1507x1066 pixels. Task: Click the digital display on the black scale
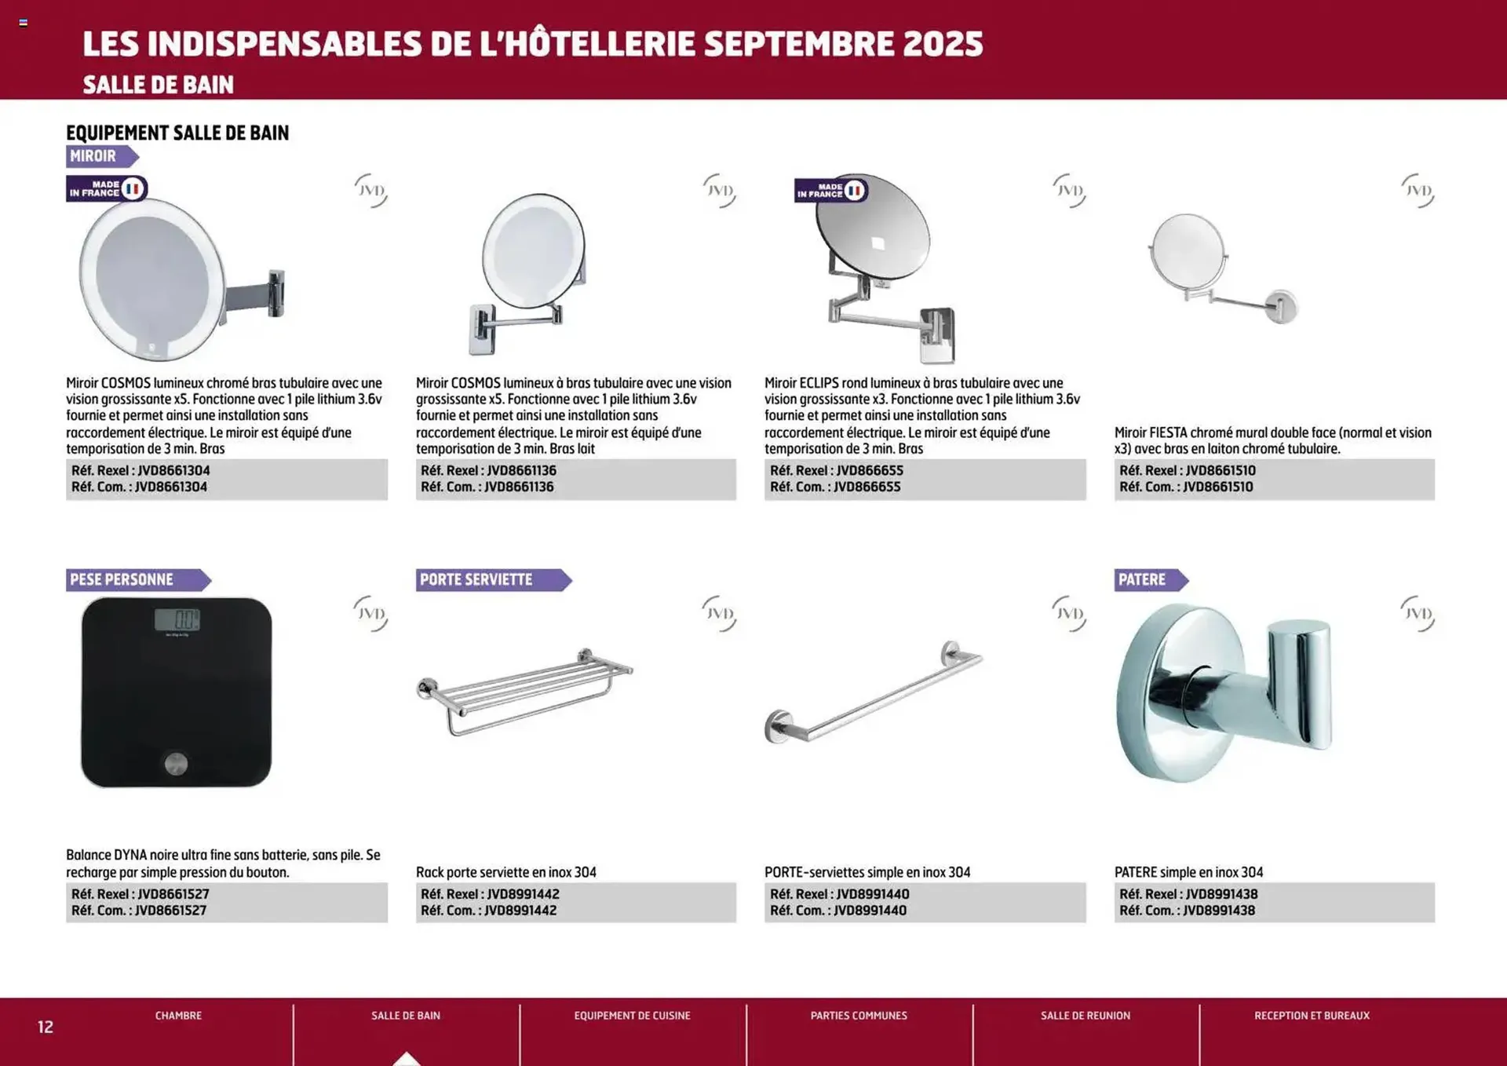coord(177,620)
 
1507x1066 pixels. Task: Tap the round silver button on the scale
coord(176,763)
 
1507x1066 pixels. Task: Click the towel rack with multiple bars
coord(524,691)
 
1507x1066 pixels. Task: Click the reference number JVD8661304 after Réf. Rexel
coord(173,471)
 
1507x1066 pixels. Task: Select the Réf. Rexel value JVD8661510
coord(1221,471)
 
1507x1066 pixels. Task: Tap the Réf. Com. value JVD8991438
coord(1219,911)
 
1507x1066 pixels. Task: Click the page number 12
coord(46,1027)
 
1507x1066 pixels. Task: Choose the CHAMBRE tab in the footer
coord(178,1016)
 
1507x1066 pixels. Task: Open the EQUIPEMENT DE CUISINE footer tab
coord(632,1016)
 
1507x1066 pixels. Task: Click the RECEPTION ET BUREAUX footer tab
coord(1312,1016)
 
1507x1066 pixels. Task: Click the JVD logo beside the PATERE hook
coord(1418,614)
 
